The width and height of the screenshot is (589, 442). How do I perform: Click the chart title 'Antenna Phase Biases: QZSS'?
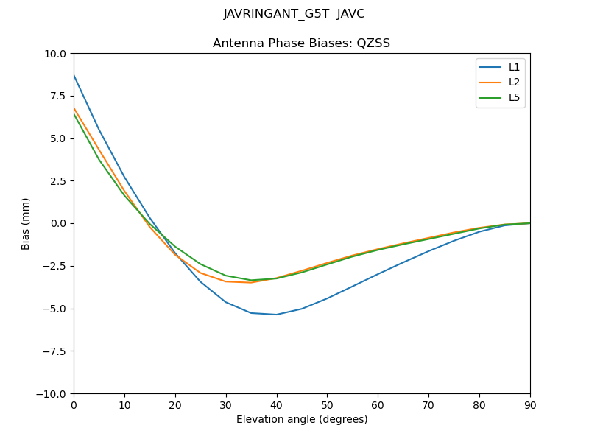[x=301, y=43]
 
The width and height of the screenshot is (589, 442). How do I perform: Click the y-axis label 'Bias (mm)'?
[x=26, y=223]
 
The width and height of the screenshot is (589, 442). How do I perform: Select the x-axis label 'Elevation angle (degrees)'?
[x=301, y=420]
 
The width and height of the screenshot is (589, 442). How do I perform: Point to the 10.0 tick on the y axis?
[x=55, y=54]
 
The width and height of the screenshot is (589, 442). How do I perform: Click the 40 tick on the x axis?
[x=276, y=405]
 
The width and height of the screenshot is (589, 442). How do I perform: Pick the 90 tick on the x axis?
[x=529, y=405]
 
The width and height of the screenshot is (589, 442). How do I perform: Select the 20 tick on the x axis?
[x=175, y=405]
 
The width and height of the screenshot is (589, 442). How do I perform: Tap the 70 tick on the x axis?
[x=428, y=405]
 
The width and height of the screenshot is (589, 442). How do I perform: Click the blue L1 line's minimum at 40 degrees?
[x=276, y=315]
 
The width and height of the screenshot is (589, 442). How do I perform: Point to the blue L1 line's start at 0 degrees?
[x=74, y=74]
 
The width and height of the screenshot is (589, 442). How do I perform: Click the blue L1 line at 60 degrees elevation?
[x=378, y=274]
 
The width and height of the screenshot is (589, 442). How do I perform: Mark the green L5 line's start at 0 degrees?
[x=74, y=113]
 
